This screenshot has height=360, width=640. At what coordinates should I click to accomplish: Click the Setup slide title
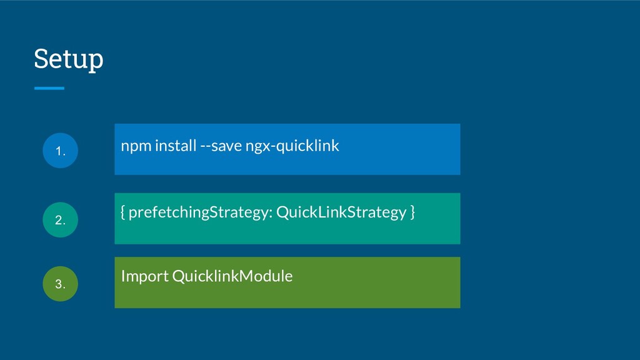69,59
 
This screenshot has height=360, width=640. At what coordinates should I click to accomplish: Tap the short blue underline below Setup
49,88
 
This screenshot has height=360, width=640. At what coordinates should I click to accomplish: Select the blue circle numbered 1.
61,150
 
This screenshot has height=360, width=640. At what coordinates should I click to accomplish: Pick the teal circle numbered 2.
61,219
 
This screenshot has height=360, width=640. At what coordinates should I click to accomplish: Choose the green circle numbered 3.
61,284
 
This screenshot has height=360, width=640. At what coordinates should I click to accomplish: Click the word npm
136,146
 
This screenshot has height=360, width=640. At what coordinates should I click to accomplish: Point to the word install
176,145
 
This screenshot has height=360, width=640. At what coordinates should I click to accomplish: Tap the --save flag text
221,146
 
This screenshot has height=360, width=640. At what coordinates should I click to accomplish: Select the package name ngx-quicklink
292,146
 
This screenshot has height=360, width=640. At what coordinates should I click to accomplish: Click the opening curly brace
123,212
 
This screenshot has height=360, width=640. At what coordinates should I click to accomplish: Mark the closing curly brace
412,212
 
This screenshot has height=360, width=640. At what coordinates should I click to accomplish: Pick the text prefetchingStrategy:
201,212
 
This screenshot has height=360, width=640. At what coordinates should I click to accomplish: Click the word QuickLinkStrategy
342,212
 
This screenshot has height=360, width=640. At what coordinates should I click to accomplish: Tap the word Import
145,277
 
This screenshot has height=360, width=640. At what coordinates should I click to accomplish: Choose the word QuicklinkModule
232,276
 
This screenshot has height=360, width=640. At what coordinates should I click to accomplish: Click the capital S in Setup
41,58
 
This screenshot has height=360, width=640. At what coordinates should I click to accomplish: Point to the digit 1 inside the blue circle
58,151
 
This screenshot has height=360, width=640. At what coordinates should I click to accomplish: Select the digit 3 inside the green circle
58,284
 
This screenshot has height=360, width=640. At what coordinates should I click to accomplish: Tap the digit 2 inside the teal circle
58,220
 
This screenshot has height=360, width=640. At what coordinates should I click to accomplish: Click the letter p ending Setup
96,62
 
